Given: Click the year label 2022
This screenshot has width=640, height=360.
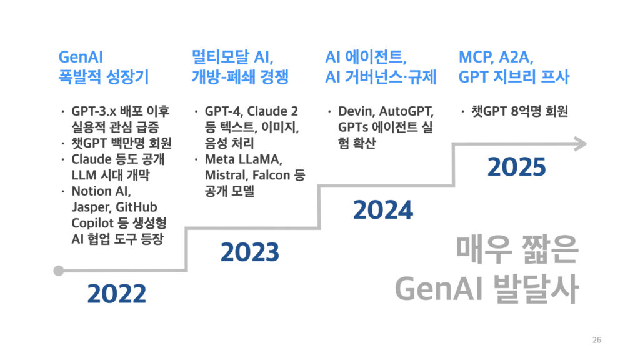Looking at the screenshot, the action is (x=117, y=294).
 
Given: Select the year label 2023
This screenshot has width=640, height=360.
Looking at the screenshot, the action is (x=250, y=252).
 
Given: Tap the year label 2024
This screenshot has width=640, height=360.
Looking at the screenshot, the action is (x=383, y=210).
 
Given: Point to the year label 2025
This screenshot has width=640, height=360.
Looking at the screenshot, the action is (x=516, y=167).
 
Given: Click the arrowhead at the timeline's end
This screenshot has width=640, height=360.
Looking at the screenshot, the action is (x=581, y=144).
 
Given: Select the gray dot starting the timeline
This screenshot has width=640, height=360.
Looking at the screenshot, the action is (x=59, y=271).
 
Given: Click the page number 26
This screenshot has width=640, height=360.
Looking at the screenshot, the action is (x=597, y=339).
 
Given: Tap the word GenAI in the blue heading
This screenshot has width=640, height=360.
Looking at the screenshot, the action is (x=81, y=57).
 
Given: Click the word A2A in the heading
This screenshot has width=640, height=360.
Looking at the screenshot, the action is (x=516, y=57).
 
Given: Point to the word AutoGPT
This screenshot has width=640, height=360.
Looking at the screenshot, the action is (x=406, y=111).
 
